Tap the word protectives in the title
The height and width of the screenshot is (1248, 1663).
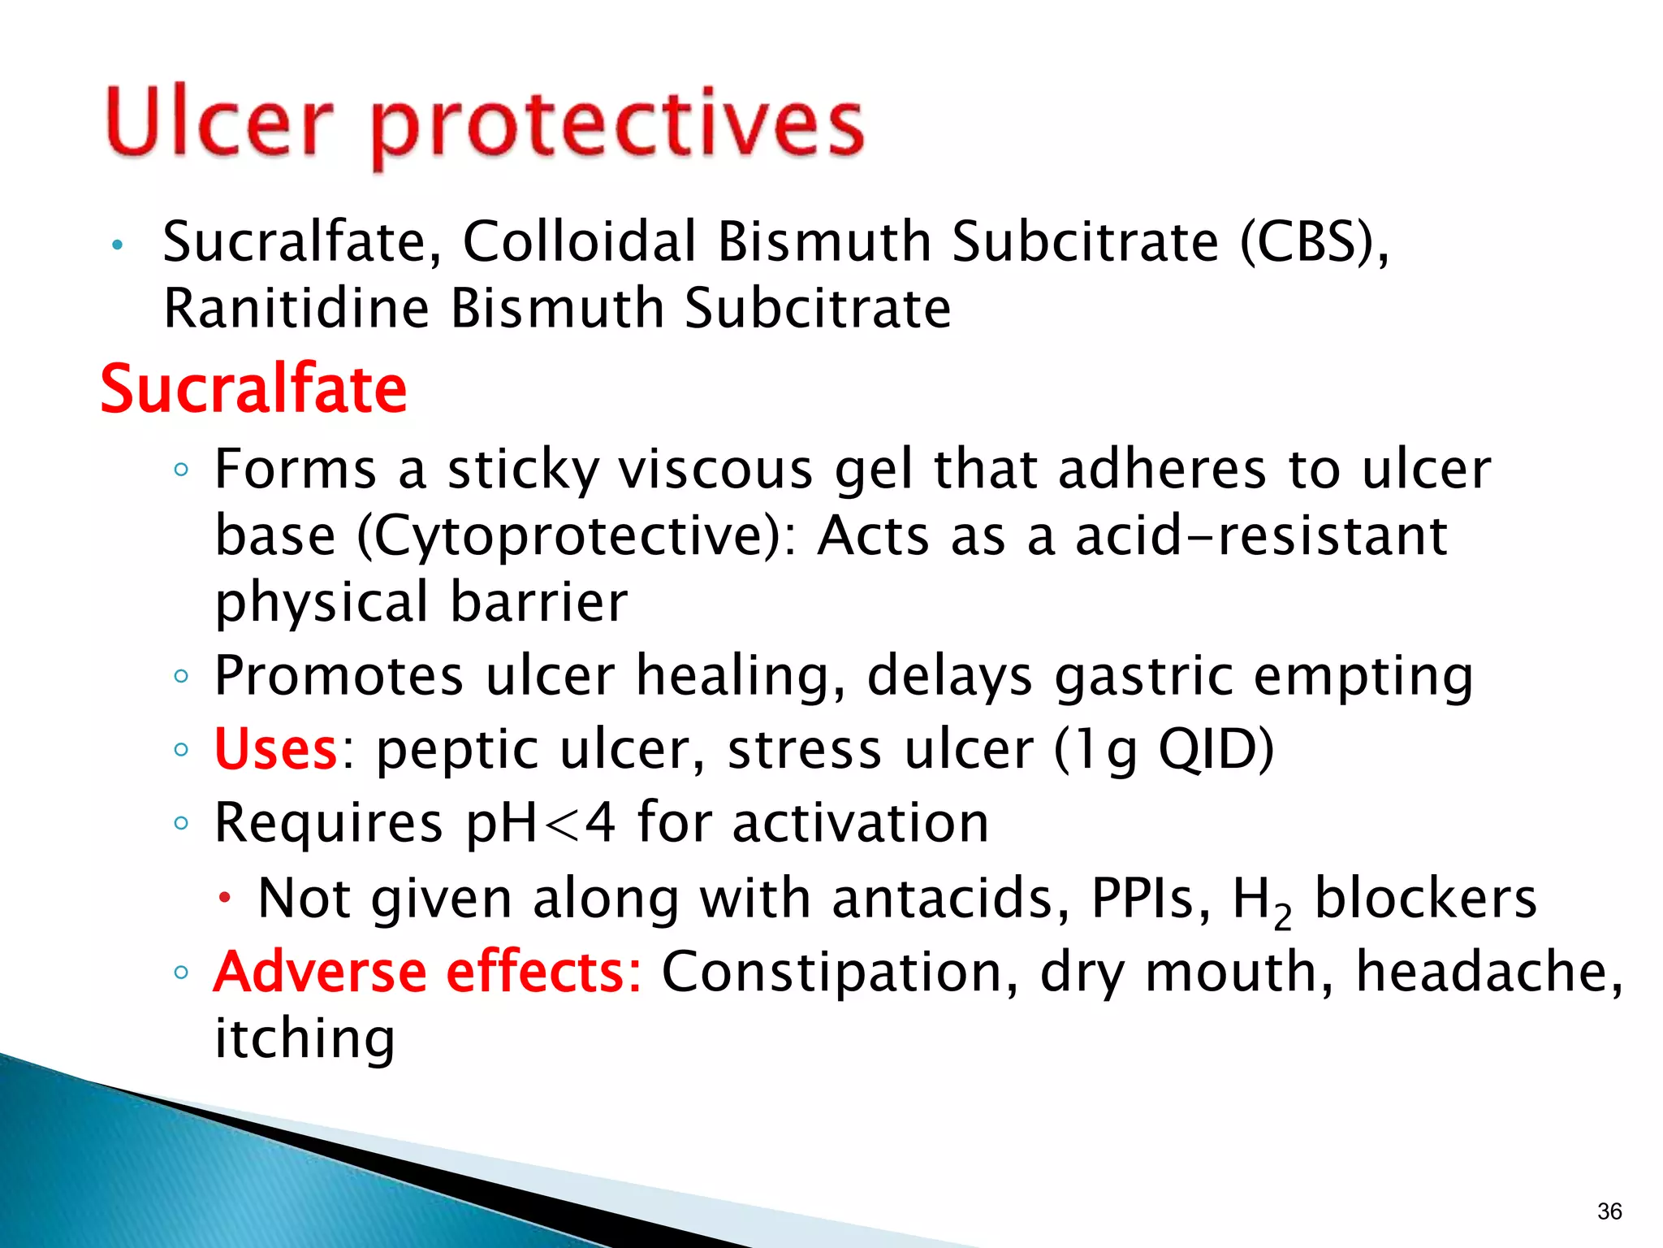click(x=617, y=126)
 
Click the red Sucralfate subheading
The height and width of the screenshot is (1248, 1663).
click(x=253, y=389)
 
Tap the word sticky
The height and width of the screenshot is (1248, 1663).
click(x=523, y=470)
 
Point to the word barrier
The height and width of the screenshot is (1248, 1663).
click(x=538, y=602)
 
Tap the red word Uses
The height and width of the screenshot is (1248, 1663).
click(x=275, y=748)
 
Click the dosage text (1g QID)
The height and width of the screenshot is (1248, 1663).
click(x=1164, y=748)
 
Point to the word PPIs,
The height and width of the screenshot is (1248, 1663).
click(x=1151, y=898)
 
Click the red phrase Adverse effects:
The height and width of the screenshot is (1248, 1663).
click(x=427, y=972)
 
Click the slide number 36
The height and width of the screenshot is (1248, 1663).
click(x=1609, y=1211)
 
